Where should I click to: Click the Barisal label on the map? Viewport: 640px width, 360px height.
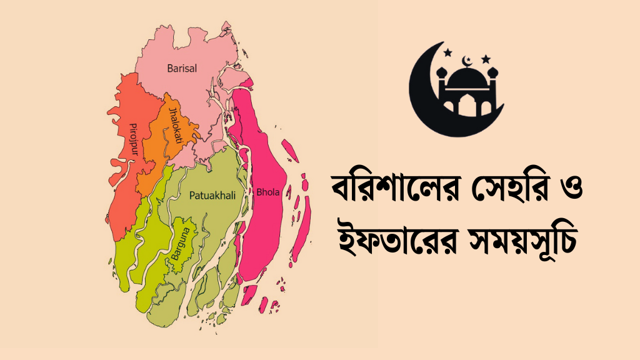point(182,68)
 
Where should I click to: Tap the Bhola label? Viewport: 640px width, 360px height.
point(268,192)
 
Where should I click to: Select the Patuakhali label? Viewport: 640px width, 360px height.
point(212,196)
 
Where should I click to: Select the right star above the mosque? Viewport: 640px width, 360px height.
point(486,59)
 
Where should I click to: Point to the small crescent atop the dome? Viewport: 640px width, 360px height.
point(466,61)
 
